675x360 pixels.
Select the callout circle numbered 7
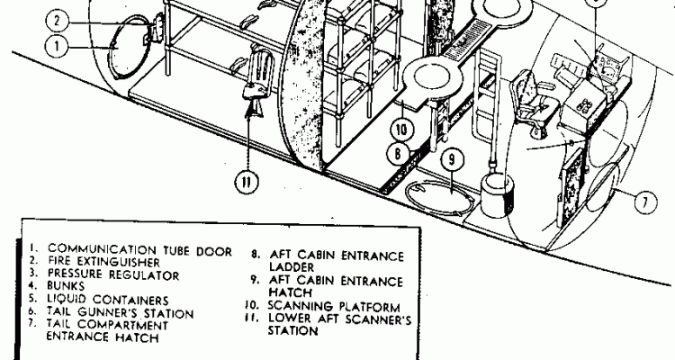click(x=644, y=202)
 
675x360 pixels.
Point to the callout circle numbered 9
click(x=453, y=162)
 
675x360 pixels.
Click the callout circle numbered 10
click(x=403, y=130)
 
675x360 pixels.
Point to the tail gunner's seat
click(x=531, y=99)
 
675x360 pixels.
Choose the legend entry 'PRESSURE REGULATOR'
click(x=113, y=274)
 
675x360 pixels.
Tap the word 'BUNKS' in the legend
click(x=67, y=287)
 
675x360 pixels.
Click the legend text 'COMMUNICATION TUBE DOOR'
click(x=139, y=249)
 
